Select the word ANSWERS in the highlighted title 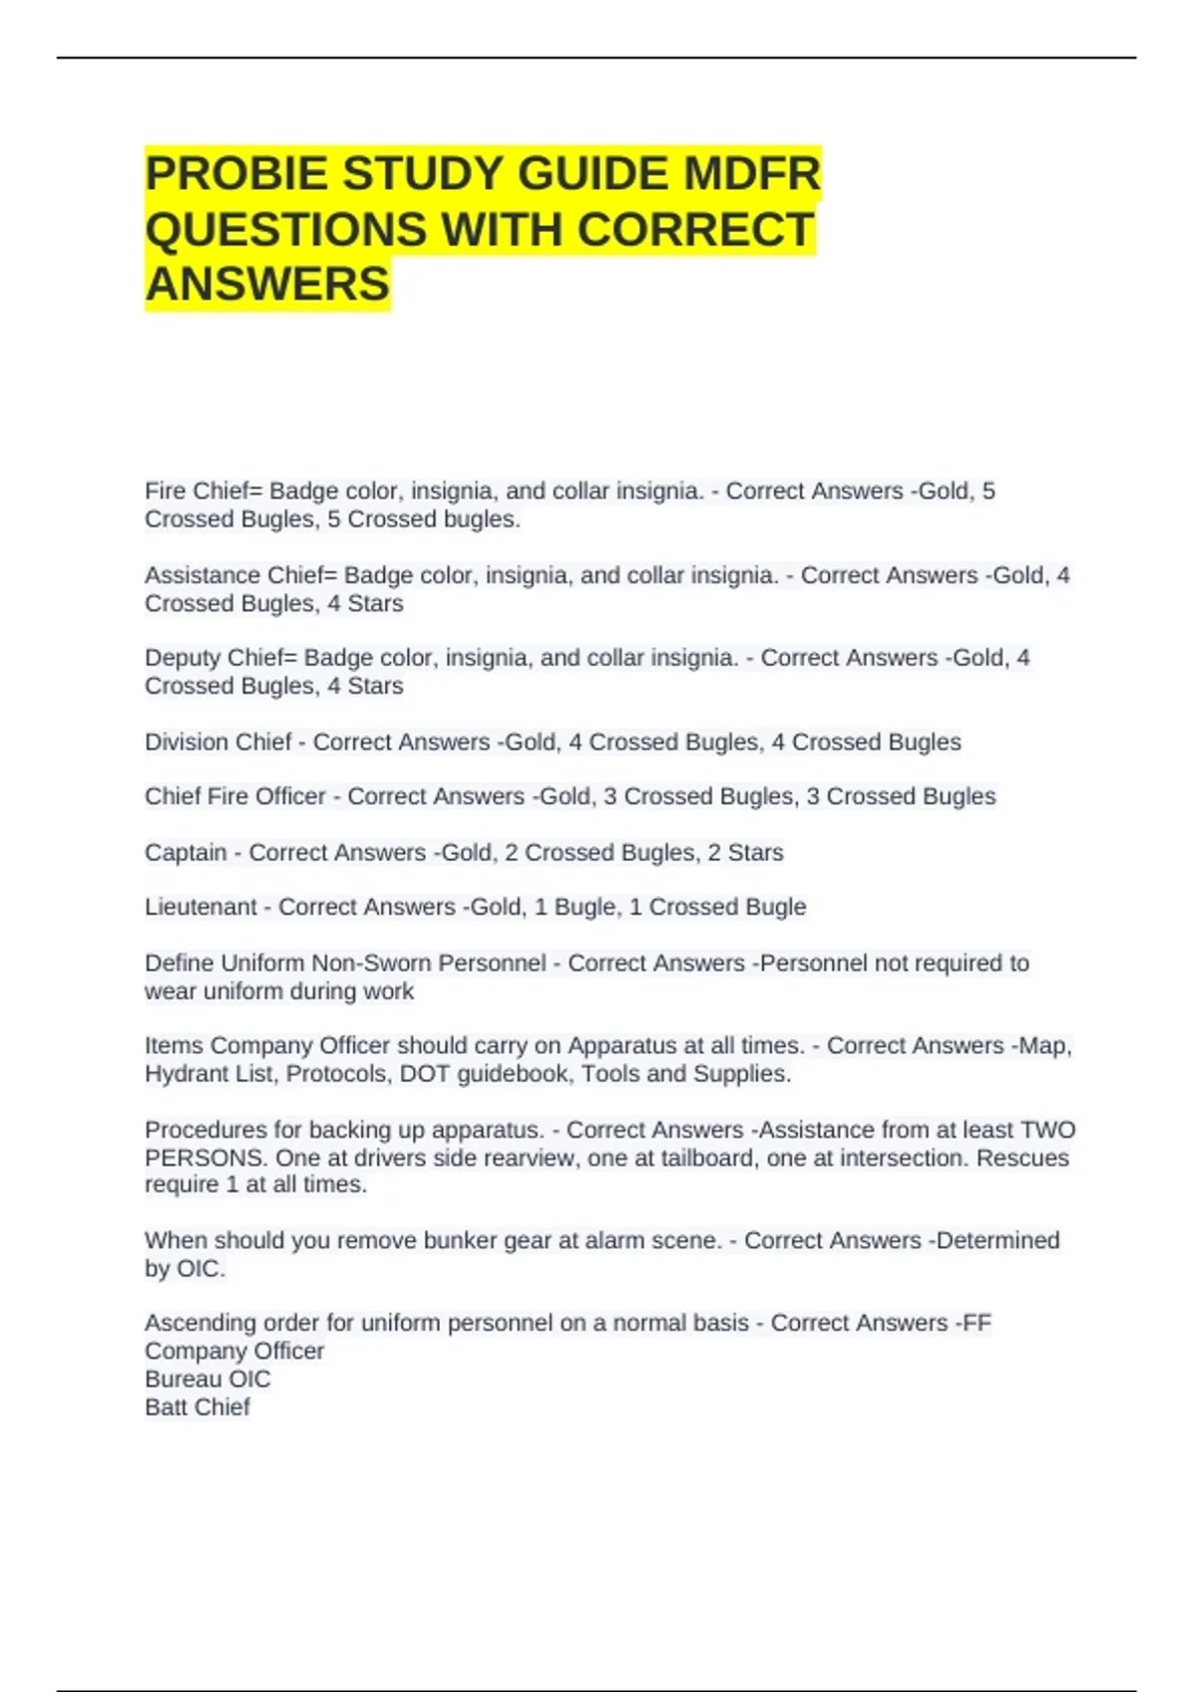click(268, 285)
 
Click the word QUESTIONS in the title click(286, 230)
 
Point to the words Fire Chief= click(204, 492)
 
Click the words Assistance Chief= click(241, 575)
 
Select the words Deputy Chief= click(221, 658)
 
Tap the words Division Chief click(218, 742)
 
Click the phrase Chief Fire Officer click(235, 796)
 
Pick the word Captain click(185, 853)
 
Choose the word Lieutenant click(201, 907)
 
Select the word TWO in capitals click(1049, 1131)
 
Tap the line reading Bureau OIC click(207, 1379)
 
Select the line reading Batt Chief click(197, 1407)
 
